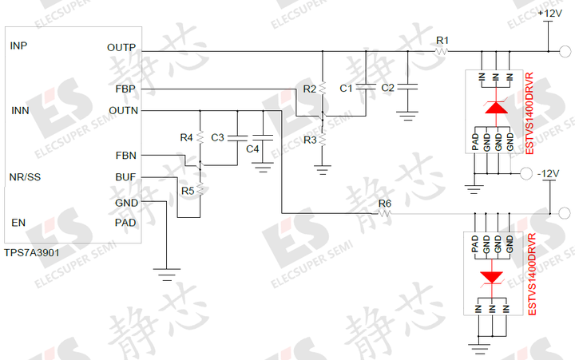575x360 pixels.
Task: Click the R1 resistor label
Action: (442, 40)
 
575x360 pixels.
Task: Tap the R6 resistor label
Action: (385, 204)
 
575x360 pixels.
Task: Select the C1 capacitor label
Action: (346, 88)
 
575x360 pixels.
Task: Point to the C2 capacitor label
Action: (388, 88)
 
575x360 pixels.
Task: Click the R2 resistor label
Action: (310, 89)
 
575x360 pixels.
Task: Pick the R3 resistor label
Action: (310, 140)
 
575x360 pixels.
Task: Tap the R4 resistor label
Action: (187, 137)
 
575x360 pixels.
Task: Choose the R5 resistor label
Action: (188, 191)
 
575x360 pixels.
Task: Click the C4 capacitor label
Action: (252, 149)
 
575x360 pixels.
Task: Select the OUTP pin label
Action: (121, 48)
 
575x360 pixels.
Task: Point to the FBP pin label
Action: (125, 89)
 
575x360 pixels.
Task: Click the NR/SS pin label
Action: (25, 177)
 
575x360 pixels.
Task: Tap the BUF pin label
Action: (125, 177)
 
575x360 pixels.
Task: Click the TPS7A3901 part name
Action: (31, 251)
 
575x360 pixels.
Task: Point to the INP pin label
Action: (18, 45)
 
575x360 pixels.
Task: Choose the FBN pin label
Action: (125, 155)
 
